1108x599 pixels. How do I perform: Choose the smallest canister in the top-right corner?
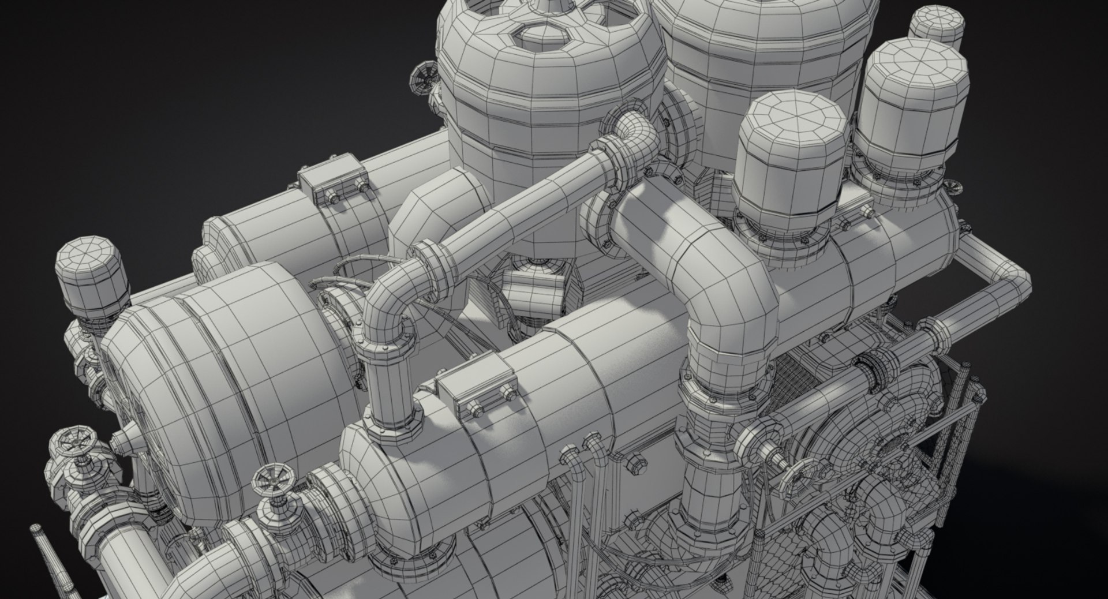click(x=937, y=26)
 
